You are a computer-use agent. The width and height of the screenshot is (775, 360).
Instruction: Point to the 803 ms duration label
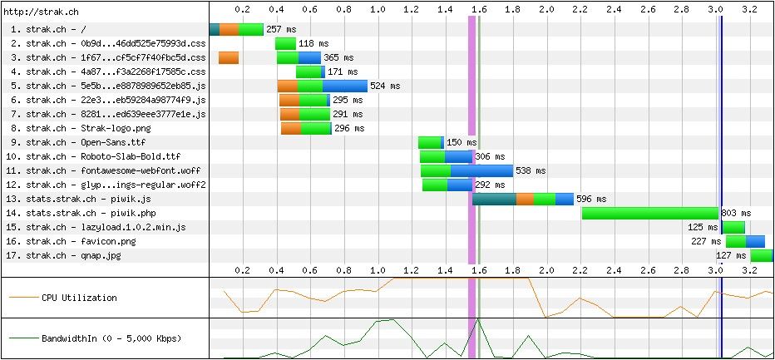[735, 213]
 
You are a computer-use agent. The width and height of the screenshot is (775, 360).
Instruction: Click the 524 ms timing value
[384, 86]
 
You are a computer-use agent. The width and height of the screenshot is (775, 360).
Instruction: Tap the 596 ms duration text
[591, 199]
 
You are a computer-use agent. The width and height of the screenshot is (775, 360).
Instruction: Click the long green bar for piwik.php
[649, 213]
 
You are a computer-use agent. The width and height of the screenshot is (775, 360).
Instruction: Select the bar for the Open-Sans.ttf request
[429, 142]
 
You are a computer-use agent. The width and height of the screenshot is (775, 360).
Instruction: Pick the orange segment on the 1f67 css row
[229, 57]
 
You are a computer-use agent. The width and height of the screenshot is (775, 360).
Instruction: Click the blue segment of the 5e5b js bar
[344, 86]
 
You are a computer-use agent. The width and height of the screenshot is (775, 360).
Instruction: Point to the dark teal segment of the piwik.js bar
[493, 199]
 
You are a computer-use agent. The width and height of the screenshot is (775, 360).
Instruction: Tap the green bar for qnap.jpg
[762, 255]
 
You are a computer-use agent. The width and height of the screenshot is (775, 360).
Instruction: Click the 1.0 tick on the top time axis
[378, 9]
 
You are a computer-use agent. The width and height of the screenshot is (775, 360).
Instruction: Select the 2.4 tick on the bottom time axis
[614, 270]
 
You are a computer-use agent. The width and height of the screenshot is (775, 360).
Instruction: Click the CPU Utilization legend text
[79, 298]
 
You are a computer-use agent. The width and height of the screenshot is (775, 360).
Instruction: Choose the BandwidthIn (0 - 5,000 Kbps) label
[111, 339]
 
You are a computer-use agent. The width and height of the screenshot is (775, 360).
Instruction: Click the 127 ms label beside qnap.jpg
[730, 255]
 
